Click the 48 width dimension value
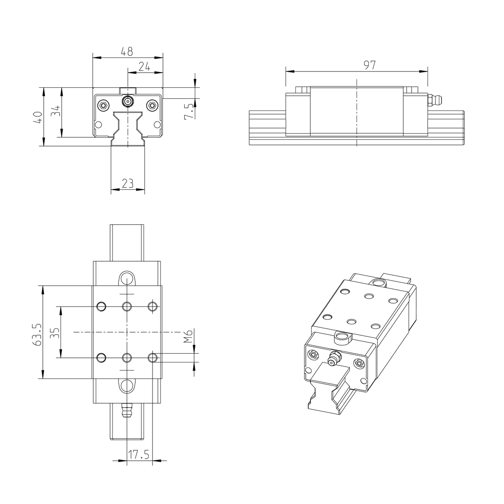tap(127, 52)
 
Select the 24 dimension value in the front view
tap(144, 67)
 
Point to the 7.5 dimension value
tap(189, 111)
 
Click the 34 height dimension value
tap(56, 110)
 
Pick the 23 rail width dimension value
tap(128, 184)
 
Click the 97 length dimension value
tap(370, 65)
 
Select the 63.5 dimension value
tap(37, 334)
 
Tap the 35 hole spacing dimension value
tap(55, 333)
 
